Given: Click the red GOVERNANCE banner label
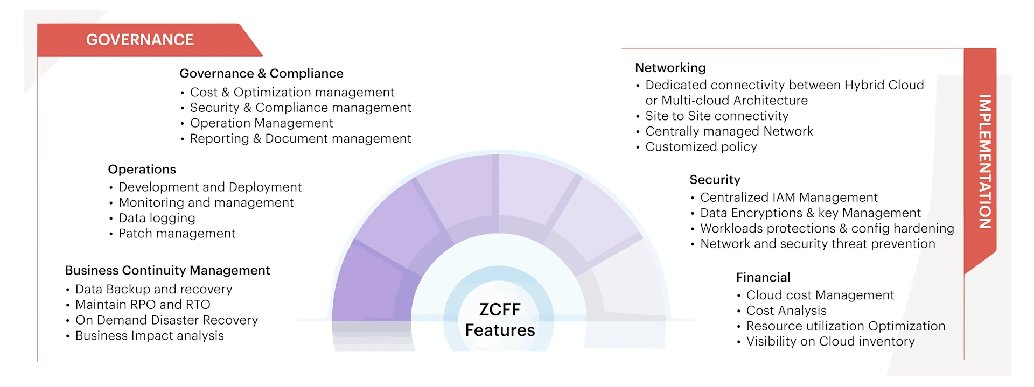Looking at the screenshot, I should [140, 40].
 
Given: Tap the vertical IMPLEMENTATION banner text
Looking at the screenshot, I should [984, 161].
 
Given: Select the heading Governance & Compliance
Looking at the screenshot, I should [261, 73].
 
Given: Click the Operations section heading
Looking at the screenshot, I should [142, 170].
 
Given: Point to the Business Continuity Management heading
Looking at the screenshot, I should [167, 270].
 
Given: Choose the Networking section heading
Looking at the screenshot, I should [670, 68].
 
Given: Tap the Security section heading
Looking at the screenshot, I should [715, 180].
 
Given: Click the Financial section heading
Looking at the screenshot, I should [763, 277].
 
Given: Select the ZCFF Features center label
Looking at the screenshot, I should [500, 320].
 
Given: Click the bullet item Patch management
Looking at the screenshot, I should [177, 234].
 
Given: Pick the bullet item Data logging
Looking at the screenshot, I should [157, 218].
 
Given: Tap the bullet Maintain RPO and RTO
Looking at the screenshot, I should [143, 305].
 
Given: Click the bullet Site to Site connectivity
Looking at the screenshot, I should [716, 116].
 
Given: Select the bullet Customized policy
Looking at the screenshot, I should [701, 147].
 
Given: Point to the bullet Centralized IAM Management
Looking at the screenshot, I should [788, 198].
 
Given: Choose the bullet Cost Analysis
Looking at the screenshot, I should [786, 311].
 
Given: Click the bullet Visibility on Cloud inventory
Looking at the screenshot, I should [830, 341].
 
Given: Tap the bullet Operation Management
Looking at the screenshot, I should [261, 123].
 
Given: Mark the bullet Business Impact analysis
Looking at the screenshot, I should [149, 336].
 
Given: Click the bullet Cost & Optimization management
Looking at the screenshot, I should [292, 93].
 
